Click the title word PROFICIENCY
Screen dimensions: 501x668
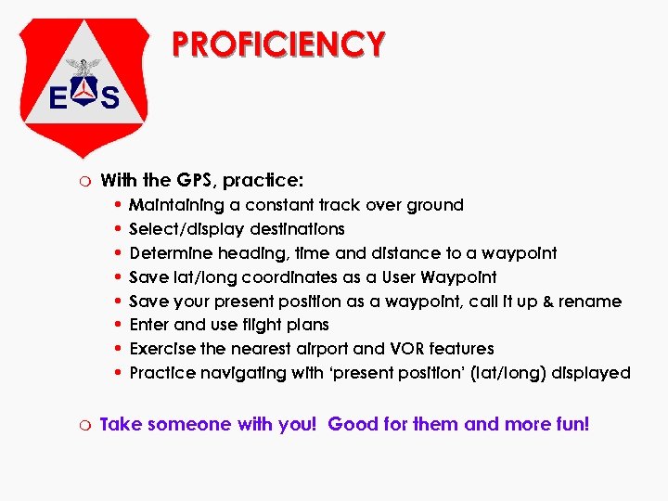point(278,44)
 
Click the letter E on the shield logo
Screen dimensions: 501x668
point(58,97)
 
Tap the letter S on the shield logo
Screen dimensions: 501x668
point(109,97)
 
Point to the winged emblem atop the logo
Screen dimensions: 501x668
point(85,67)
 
